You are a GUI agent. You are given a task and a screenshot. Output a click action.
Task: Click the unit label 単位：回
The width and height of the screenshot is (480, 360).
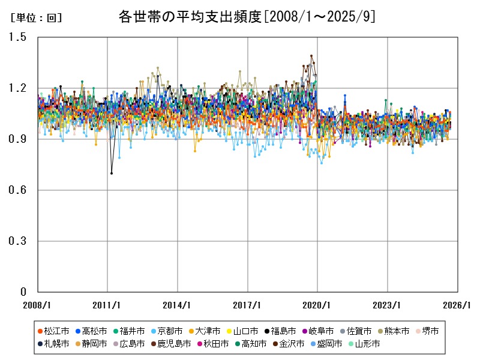pyautogui.click(x=36, y=18)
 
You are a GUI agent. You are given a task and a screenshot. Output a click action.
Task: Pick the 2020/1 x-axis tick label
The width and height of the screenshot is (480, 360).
pyautogui.click(x=317, y=304)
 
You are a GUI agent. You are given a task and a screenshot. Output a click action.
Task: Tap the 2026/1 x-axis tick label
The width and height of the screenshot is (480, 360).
pyautogui.click(x=457, y=304)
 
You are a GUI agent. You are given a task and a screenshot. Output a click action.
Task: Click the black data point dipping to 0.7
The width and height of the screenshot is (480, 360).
pyautogui.click(x=112, y=173)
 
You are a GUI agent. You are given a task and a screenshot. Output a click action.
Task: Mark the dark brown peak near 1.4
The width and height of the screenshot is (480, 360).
pyautogui.click(x=311, y=56)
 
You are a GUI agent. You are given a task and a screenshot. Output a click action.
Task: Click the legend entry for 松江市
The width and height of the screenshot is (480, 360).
pyautogui.click(x=53, y=331)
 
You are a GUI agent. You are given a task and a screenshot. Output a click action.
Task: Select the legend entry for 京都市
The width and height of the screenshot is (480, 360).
pyautogui.click(x=166, y=331)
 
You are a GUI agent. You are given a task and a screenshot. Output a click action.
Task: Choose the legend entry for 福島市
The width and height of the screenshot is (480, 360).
pyautogui.click(x=280, y=331)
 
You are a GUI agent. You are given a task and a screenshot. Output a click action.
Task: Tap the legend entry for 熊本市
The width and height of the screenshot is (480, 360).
pyautogui.click(x=393, y=331)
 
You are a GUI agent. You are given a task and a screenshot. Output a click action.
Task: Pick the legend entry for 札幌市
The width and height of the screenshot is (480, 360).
pyautogui.click(x=53, y=344)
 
